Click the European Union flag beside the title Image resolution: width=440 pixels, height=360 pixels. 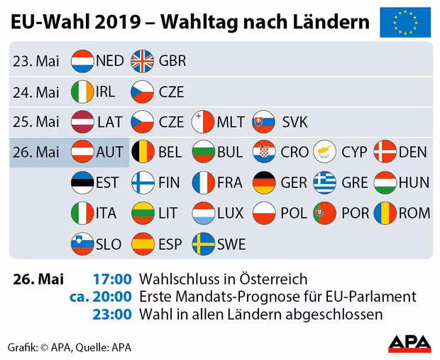point(405,22)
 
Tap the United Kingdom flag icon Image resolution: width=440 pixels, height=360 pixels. point(142,61)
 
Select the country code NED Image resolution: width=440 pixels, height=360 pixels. point(110,61)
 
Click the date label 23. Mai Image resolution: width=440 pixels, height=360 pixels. point(36,61)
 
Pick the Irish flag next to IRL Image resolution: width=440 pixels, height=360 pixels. point(82,92)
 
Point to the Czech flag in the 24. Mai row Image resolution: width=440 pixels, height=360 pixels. point(142,92)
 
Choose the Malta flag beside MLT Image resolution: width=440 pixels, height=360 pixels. point(203,122)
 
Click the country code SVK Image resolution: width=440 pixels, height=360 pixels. point(295,122)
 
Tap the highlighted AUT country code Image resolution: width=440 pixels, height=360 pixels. point(110,152)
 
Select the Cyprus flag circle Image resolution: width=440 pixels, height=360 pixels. point(324,152)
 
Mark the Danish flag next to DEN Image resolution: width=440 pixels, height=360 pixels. point(385,152)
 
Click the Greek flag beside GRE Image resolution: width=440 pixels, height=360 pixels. point(324,182)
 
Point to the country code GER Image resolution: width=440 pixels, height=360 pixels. point(294,182)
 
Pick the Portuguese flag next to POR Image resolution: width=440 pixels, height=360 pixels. point(324,213)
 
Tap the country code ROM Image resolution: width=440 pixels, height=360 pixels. point(414,213)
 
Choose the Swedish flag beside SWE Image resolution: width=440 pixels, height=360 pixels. point(204,244)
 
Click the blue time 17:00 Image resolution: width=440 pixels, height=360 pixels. point(112,279)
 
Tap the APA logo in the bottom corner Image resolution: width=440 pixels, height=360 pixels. point(409,344)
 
